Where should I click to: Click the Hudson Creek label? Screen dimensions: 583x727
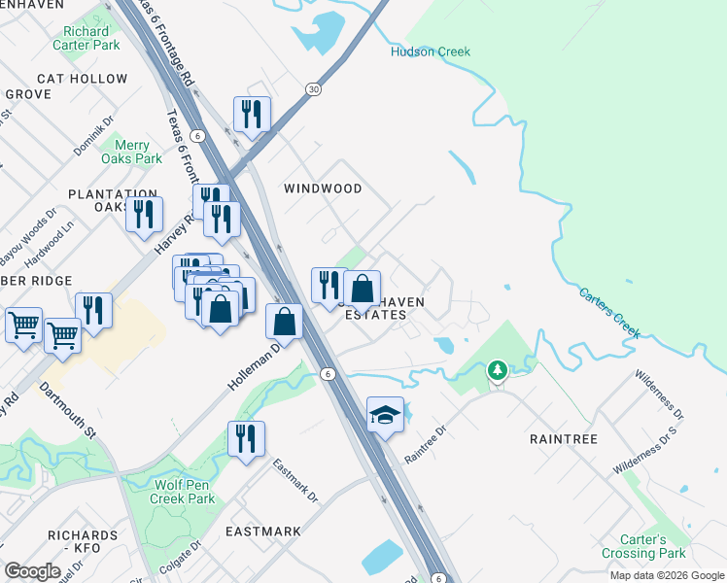431,51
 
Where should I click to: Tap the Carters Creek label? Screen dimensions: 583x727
610,312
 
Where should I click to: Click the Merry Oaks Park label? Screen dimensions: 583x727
132,152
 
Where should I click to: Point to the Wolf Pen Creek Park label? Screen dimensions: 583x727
183,492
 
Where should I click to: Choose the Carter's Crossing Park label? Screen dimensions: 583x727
657,546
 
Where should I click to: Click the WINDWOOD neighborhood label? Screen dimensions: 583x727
323,189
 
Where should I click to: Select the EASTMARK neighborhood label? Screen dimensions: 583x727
263,532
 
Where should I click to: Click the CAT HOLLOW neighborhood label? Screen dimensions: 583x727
83,79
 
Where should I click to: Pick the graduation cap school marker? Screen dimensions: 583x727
385,415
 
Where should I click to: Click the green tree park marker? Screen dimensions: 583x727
498,370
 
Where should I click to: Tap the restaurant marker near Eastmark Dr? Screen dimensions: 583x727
246,438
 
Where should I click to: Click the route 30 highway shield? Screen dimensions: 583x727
313,89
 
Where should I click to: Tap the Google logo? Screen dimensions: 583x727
32,571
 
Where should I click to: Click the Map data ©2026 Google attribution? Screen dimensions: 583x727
666,575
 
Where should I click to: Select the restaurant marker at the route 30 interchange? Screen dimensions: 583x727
252,114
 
